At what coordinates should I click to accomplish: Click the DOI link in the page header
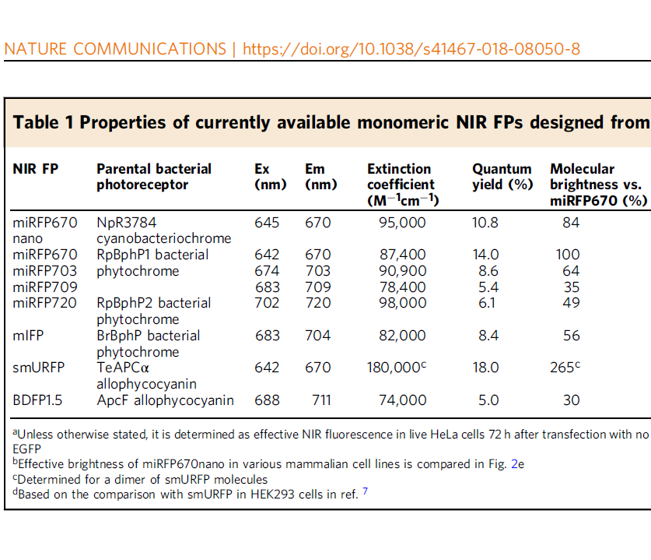[x=411, y=49]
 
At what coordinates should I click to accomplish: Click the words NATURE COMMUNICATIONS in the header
[x=115, y=49]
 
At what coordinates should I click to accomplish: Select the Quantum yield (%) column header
[x=502, y=177]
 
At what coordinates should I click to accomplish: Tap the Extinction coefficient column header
[x=403, y=185]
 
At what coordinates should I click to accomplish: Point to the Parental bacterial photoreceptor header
[x=154, y=177]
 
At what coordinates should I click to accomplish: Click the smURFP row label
[x=39, y=368]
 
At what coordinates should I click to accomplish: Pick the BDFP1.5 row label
[x=37, y=400]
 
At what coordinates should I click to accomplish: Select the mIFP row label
[x=28, y=336]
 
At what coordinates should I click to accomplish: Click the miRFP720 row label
[x=45, y=303]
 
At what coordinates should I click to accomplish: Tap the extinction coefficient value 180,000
[x=397, y=368]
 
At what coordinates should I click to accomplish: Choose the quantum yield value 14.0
[x=486, y=255]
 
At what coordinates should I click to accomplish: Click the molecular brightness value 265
[x=565, y=368]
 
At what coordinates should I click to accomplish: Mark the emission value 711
[x=321, y=400]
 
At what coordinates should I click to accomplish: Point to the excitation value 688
[x=267, y=400]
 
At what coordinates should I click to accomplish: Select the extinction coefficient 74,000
[x=403, y=400]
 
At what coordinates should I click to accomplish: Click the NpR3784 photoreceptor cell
[x=163, y=231]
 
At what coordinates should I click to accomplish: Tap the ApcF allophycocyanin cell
[x=165, y=400]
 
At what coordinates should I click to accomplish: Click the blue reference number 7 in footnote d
[x=365, y=491]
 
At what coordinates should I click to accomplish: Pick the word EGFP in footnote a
[x=27, y=449]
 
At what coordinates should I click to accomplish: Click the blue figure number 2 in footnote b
[x=514, y=464]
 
